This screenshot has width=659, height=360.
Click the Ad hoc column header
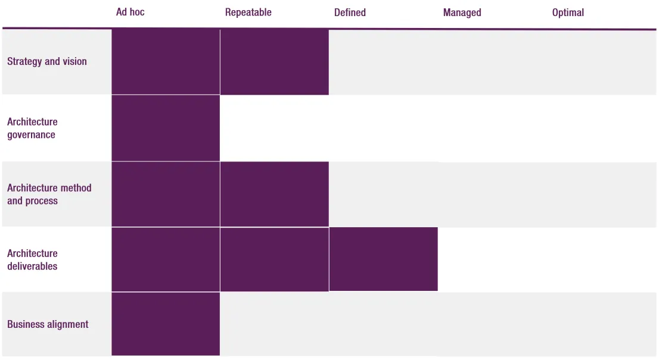[x=130, y=13]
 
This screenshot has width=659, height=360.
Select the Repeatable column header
[x=248, y=13]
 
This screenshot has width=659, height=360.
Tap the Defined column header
[x=350, y=13]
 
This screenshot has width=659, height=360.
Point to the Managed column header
[x=462, y=13]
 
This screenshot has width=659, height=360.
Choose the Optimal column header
[x=568, y=13]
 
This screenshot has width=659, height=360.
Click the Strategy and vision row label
[x=47, y=61]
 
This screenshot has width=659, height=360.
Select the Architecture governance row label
[x=32, y=128]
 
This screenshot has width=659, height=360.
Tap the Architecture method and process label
[x=49, y=194]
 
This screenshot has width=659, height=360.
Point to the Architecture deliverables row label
[x=32, y=260]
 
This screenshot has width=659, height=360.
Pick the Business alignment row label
[x=48, y=324]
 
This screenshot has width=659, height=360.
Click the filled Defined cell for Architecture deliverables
[x=383, y=259]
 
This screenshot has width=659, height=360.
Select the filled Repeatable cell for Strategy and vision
[x=274, y=62]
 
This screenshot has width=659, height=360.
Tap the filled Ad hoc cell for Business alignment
[x=166, y=324]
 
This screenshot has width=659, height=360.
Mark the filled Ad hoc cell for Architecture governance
[x=166, y=128]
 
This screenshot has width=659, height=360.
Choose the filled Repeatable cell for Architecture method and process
[x=274, y=194]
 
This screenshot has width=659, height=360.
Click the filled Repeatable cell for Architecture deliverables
[x=274, y=259]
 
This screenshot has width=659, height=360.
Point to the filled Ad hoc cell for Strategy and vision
[x=166, y=62]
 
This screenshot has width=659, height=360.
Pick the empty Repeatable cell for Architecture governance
[x=274, y=128]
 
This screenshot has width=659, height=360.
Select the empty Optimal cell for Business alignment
[x=601, y=324]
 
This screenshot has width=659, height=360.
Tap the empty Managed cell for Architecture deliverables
[x=492, y=259]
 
